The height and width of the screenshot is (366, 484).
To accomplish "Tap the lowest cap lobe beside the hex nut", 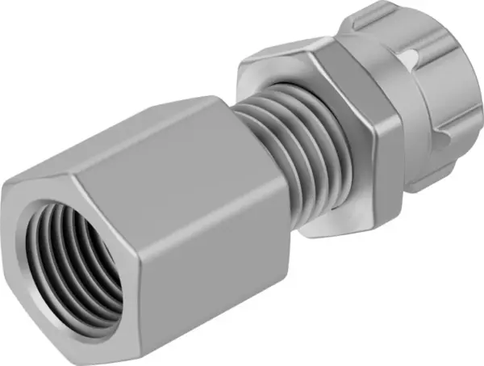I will click(428, 174).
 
